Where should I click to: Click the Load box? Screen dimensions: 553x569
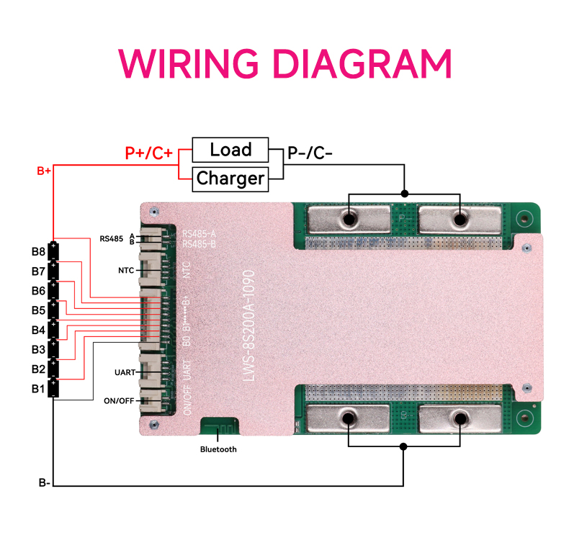point(230,150)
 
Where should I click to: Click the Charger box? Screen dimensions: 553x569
point(230,178)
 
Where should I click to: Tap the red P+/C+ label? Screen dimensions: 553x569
point(148,153)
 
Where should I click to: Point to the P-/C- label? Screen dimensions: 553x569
point(310,153)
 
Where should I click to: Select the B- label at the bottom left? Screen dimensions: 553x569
point(44,482)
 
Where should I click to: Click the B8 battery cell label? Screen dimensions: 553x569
point(38,252)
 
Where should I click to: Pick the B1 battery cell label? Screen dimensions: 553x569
point(38,389)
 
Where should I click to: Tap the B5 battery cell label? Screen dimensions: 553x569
point(38,310)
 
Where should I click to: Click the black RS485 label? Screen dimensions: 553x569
point(112,238)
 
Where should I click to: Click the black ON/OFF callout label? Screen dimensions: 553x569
point(120,400)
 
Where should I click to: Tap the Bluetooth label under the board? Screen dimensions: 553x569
point(218,449)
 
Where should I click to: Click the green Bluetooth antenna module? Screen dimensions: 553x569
point(219,426)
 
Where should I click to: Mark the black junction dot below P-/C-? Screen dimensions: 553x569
point(404,194)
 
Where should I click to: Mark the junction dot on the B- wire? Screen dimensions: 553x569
point(404,446)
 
